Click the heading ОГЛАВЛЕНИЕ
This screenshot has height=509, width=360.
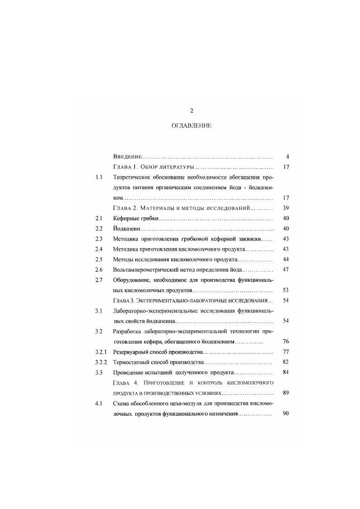click(191, 125)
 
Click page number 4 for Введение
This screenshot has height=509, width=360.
click(288, 157)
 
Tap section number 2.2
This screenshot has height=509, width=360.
click(99, 228)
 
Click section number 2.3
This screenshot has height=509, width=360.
click(99, 239)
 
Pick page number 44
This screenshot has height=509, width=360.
click(286, 259)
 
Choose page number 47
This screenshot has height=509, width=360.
click(286, 269)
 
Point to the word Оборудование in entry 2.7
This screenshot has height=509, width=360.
click(132, 280)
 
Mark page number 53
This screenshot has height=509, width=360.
click(286, 290)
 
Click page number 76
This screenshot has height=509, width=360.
click(286, 341)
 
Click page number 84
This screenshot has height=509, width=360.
click(286, 372)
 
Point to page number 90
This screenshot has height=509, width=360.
click(286, 413)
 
